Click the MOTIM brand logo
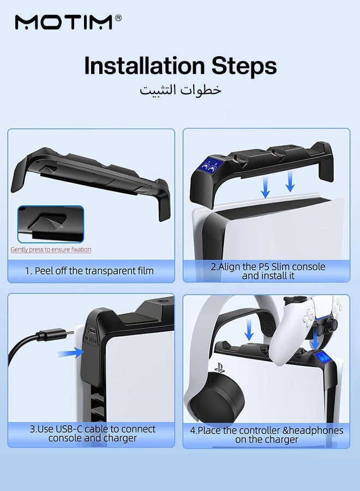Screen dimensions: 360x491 [x=64, y=22]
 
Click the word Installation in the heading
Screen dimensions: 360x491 [x=145, y=66]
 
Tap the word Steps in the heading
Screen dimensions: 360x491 [x=244, y=67]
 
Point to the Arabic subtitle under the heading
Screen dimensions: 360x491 [x=181, y=90]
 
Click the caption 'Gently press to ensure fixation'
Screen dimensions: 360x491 [x=51, y=249]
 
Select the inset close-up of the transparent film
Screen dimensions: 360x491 [x=51, y=224]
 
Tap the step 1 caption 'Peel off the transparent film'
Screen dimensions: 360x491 [x=89, y=271]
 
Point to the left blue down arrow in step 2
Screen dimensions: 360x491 [x=266, y=187]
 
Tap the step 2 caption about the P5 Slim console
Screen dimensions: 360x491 [x=268, y=271]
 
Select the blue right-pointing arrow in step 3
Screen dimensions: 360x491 [x=71, y=353]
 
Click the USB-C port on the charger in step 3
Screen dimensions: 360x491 [x=92, y=331]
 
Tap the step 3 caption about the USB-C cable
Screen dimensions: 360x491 [x=93, y=433]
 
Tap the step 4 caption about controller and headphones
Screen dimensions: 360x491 [x=267, y=435]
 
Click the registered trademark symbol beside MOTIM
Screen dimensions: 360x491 [x=118, y=18]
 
